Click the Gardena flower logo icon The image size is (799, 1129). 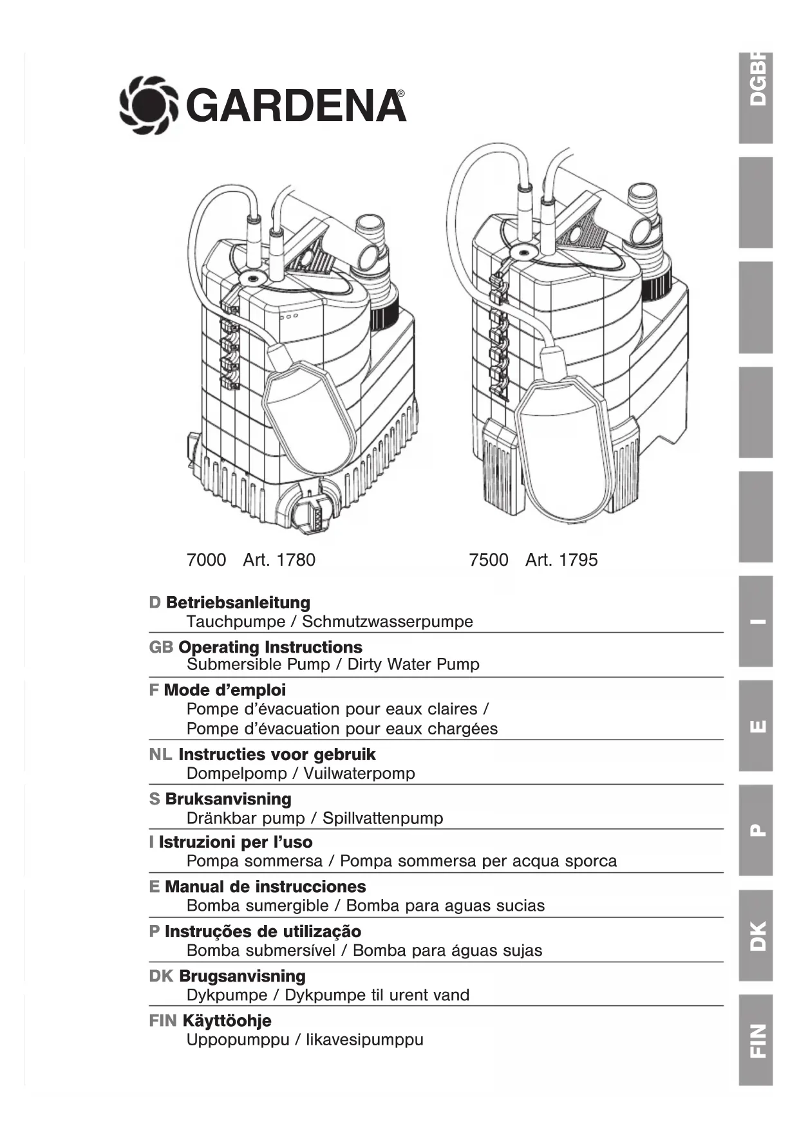click(148, 105)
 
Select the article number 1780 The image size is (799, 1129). click(296, 560)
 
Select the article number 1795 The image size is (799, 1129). click(578, 560)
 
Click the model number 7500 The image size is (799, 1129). click(489, 560)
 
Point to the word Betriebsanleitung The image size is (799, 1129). click(238, 603)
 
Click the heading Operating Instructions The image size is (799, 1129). click(270, 648)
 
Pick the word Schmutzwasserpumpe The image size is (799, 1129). click(388, 622)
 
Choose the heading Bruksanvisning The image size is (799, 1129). click(228, 799)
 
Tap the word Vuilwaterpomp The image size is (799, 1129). click(359, 774)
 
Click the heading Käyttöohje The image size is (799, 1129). click(227, 1021)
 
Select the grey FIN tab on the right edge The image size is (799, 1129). click(756, 1040)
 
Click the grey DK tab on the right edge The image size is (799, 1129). click(756, 935)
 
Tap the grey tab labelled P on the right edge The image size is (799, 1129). click(756, 830)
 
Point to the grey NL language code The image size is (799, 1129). click(160, 755)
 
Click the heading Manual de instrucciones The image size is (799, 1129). click(265, 887)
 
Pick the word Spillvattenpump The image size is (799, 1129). click(383, 819)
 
